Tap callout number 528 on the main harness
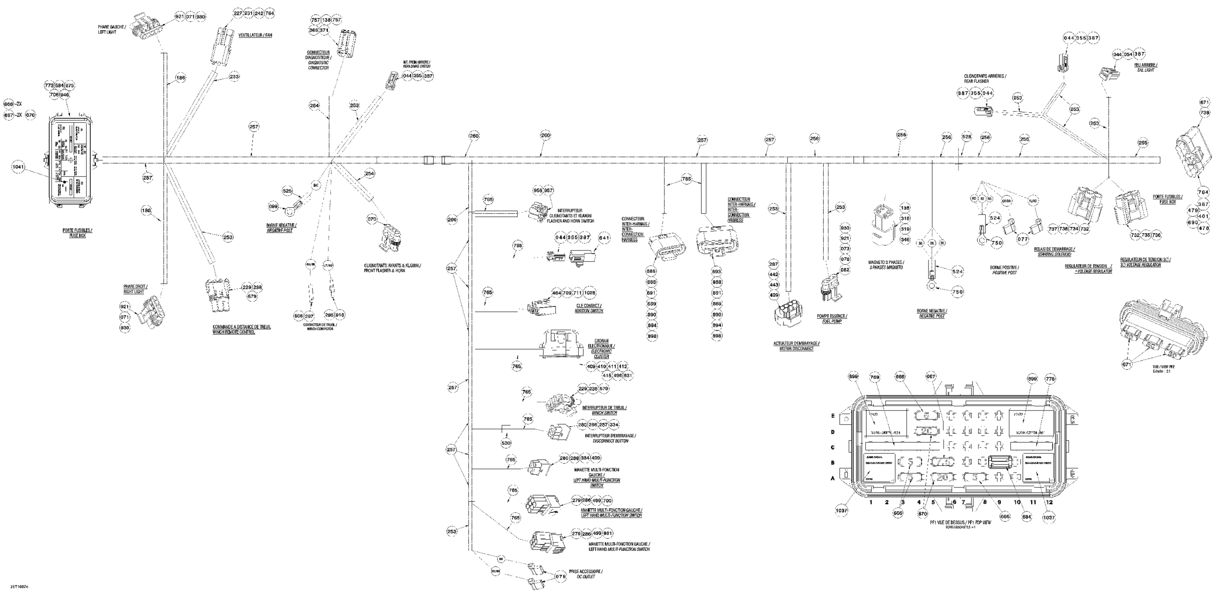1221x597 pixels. click(967, 137)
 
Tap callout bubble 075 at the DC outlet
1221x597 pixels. click(561, 577)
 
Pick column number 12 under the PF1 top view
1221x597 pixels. click(1050, 502)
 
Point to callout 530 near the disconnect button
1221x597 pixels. click(507, 443)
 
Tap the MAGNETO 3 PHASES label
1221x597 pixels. click(885, 265)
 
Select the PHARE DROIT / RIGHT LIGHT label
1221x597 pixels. click(135, 289)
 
